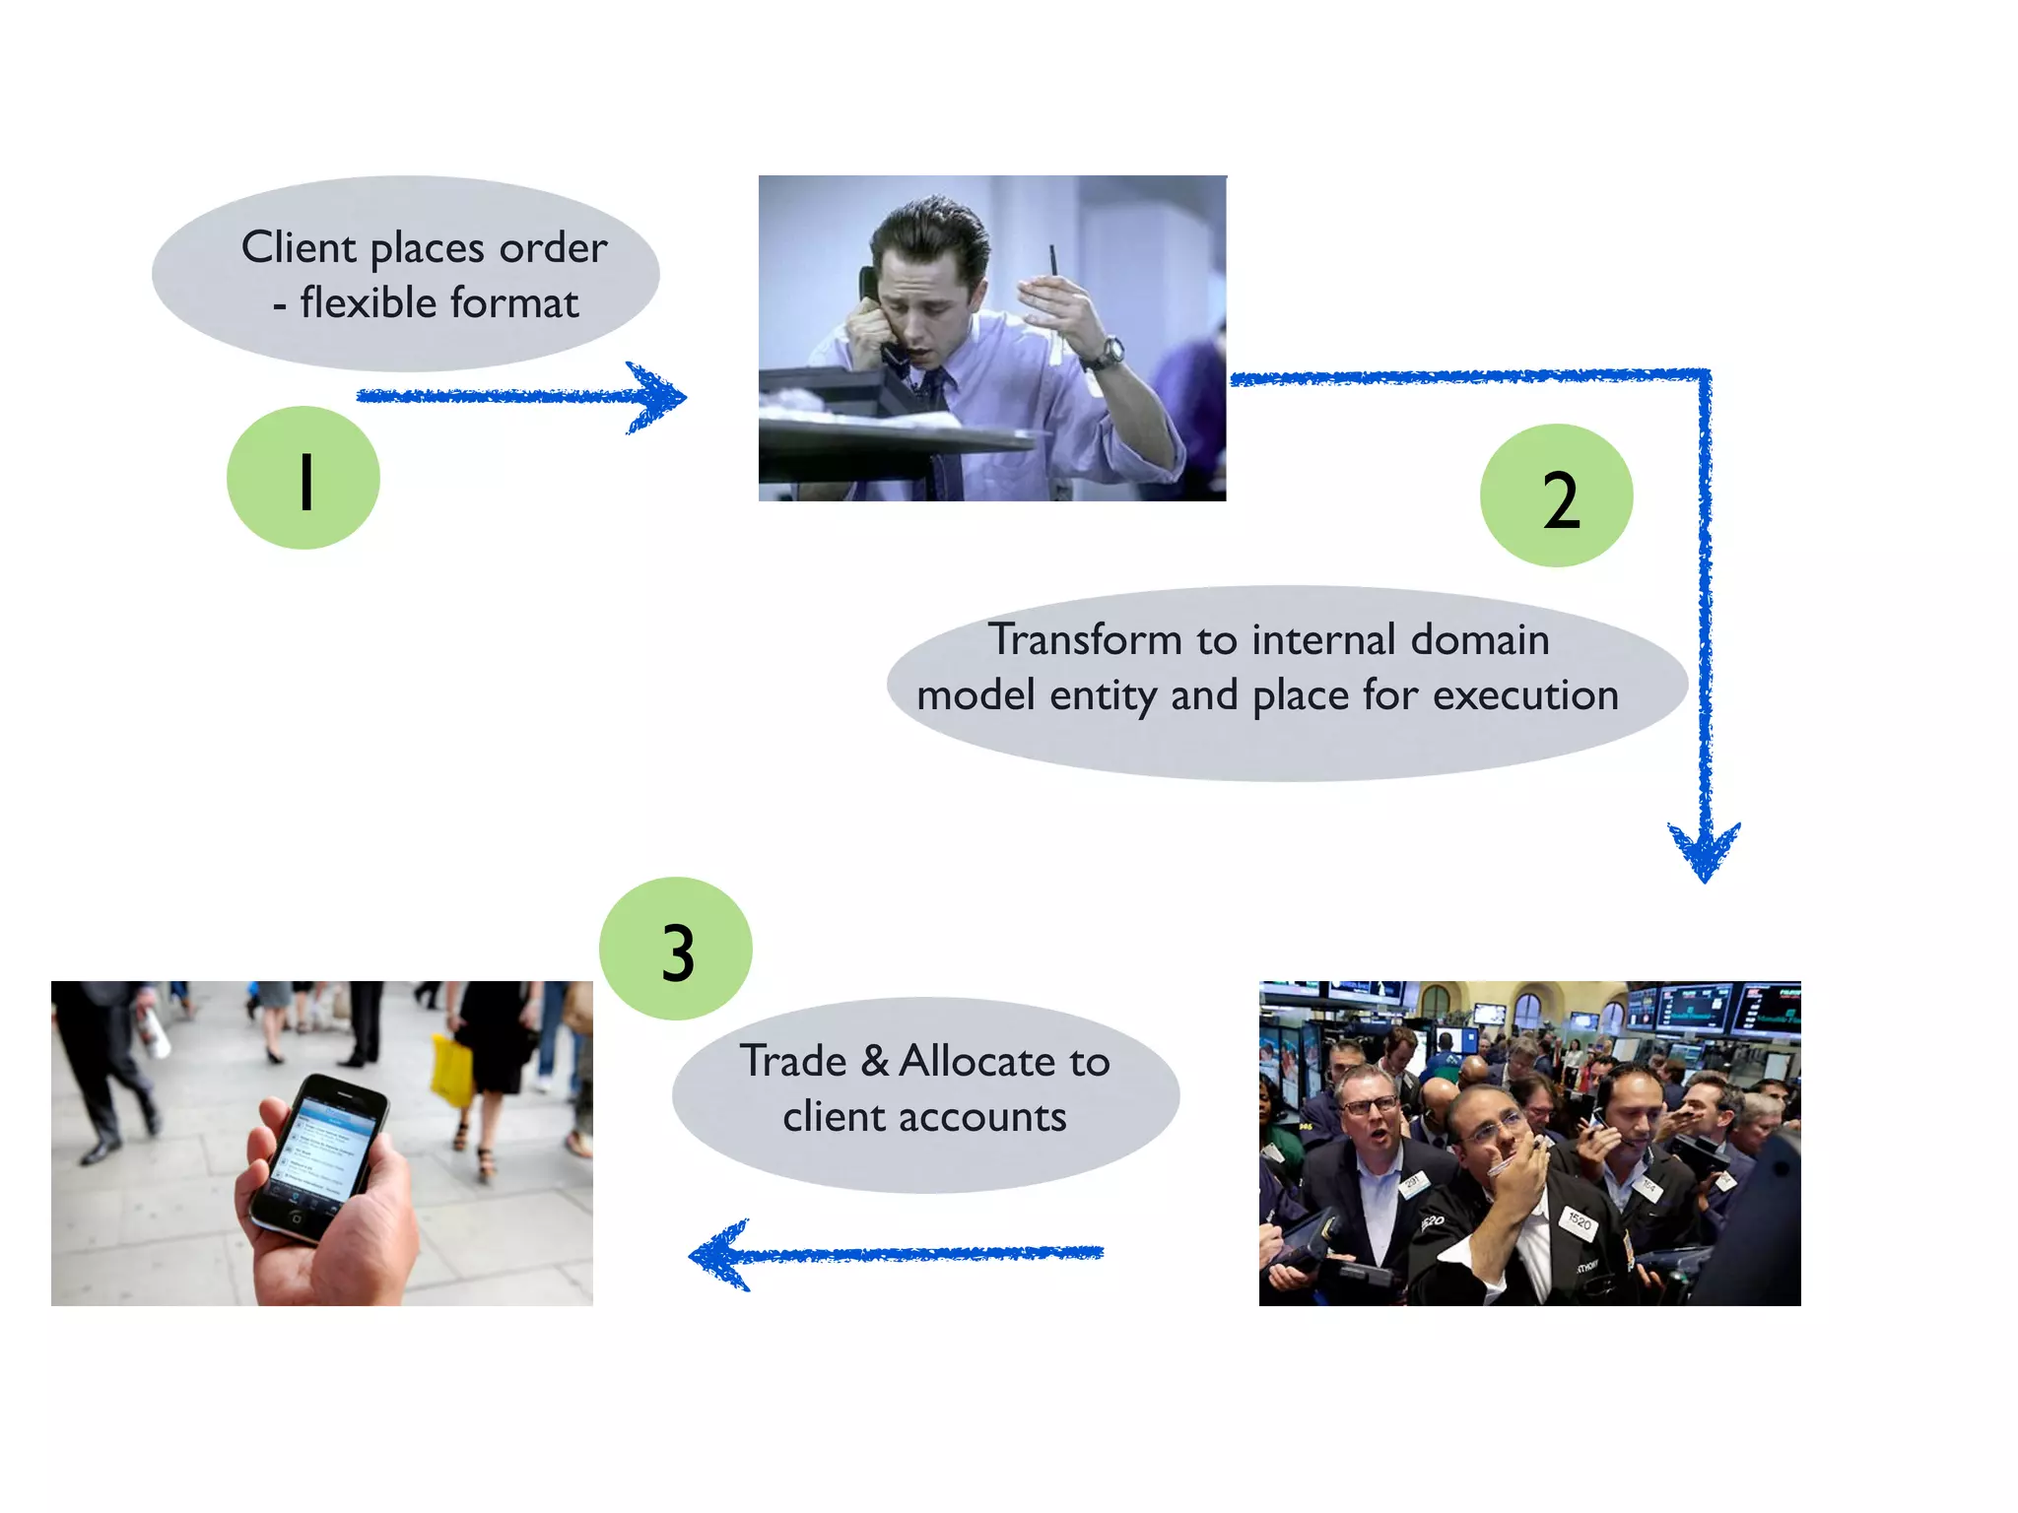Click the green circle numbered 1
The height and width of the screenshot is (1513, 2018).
coord(303,479)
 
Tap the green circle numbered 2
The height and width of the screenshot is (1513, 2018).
coord(1556,496)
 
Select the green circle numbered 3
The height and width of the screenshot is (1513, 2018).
coord(676,950)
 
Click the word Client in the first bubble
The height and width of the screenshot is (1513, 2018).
coord(299,247)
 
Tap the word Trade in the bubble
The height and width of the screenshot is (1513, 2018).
coord(794,1062)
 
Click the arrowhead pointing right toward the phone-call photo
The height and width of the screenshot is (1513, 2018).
coord(658,397)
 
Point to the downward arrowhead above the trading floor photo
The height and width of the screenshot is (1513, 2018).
coord(1704,849)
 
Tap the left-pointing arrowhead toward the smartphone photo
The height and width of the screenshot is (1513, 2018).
coord(719,1255)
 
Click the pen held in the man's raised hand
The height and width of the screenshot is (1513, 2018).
coord(1052,262)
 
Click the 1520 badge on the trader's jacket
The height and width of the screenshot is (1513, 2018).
coord(1579,1221)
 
